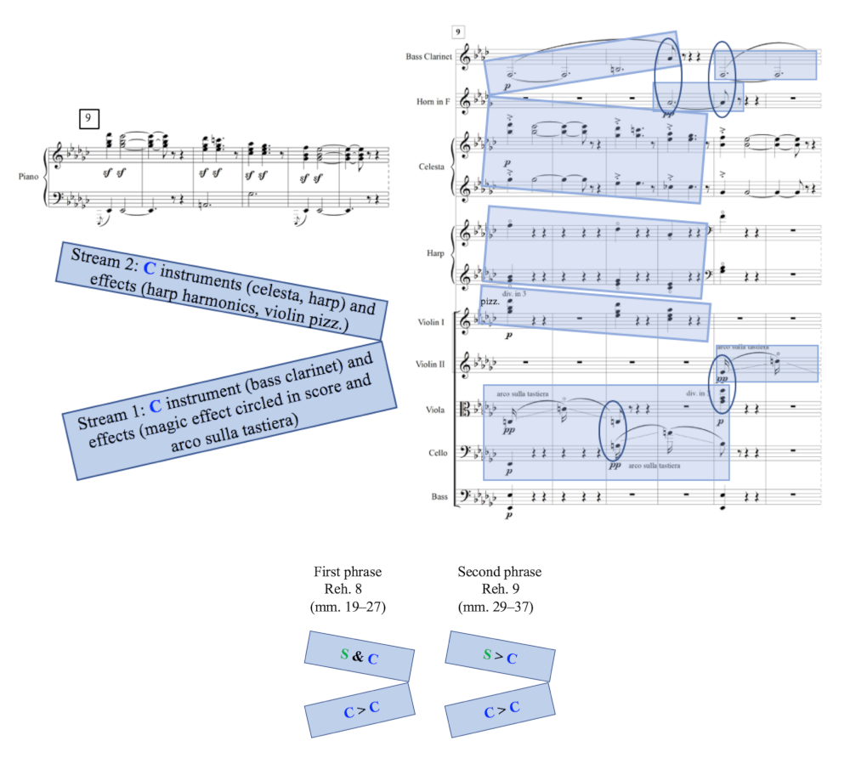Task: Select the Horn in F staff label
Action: pyautogui.click(x=432, y=102)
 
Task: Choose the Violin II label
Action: pyautogui.click(x=431, y=365)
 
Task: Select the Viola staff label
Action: pyautogui.click(x=434, y=409)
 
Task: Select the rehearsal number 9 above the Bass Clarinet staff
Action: pyautogui.click(x=458, y=32)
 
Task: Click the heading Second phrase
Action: pyautogui.click(x=499, y=572)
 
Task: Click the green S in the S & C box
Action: pyautogui.click(x=344, y=654)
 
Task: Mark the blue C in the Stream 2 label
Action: pyautogui.click(x=150, y=269)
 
